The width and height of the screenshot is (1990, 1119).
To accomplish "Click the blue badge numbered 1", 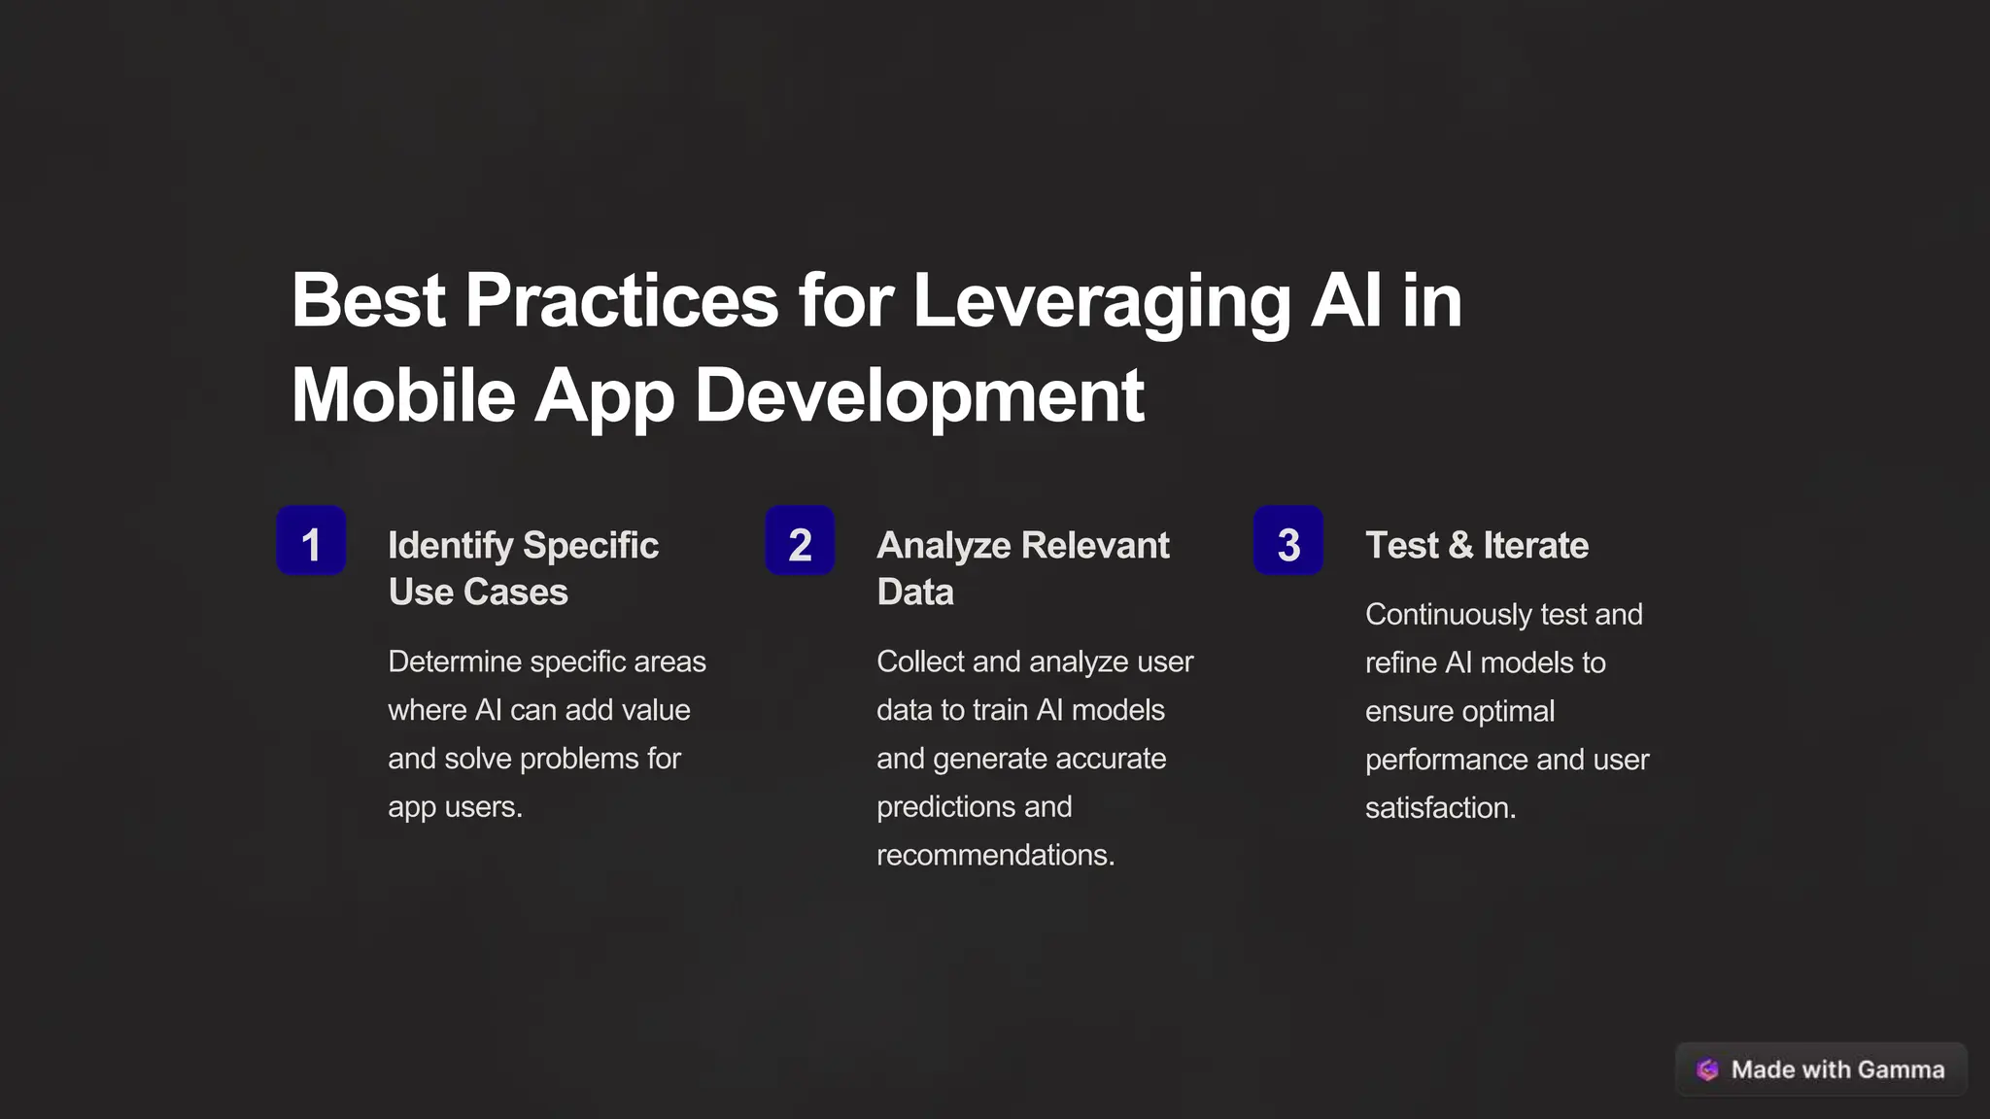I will [311, 541].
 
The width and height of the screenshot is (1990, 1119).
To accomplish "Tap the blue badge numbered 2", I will [800, 541].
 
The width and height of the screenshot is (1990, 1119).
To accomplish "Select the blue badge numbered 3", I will [1288, 541].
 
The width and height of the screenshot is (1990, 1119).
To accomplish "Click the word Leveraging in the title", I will [1101, 302].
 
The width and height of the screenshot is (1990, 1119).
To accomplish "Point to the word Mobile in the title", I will [402, 396].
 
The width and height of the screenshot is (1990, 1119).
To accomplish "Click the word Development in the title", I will [919, 396].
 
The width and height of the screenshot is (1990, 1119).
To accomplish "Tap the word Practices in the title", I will [621, 302].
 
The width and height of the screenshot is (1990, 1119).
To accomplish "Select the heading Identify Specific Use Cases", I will [523, 568].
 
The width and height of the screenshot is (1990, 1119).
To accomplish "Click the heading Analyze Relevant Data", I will [1022, 568].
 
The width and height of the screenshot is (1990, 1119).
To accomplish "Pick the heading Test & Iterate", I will [1476, 546].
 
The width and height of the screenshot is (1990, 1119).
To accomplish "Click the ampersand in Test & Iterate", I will [1460, 546].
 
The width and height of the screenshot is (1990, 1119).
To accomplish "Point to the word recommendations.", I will [994, 855].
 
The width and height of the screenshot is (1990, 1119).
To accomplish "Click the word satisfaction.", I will [1439, 808].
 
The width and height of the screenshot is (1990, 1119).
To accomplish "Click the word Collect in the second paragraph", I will [920, 661].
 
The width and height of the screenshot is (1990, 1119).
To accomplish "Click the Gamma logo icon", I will [1707, 1069].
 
